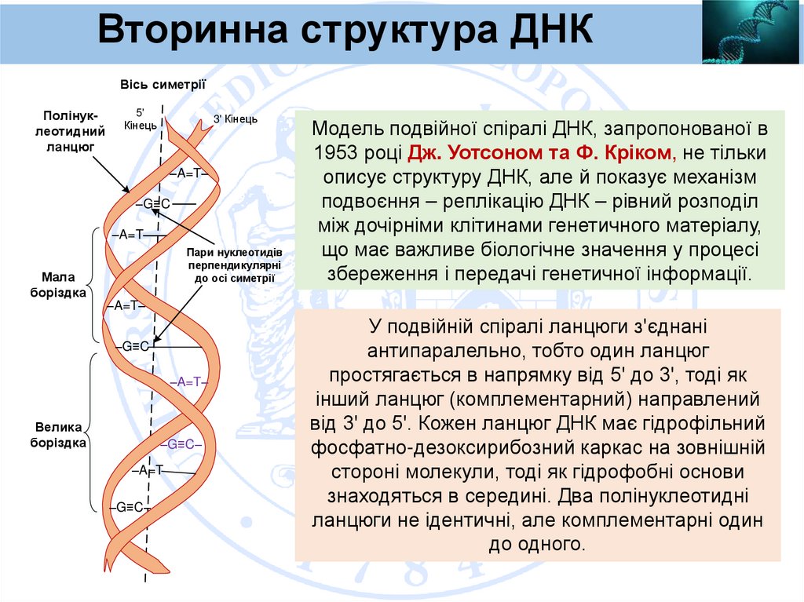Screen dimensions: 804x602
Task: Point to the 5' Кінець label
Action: coord(141,119)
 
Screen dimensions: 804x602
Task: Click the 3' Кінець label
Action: coord(236,119)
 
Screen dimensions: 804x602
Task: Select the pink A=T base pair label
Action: coord(187,381)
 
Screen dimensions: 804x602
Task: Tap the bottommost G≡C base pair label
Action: coord(128,506)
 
